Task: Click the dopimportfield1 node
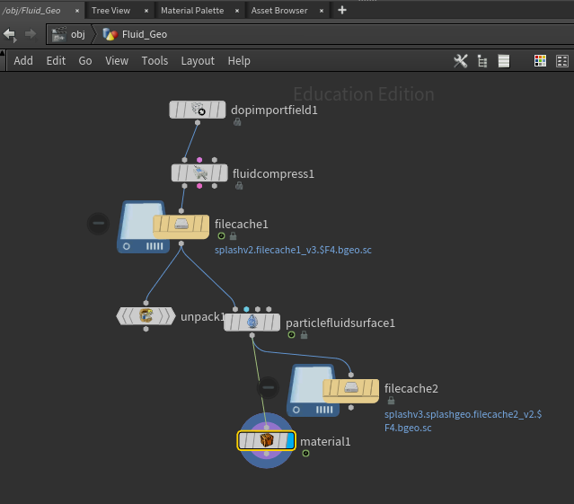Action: [x=198, y=110]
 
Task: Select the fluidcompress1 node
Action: [x=199, y=172]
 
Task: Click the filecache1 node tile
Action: [x=181, y=227]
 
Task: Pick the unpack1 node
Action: [x=146, y=316]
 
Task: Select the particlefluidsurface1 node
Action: [x=252, y=323]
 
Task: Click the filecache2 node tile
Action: [x=350, y=392]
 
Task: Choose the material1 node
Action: [x=266, y=440]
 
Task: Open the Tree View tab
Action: [x=110, y=11]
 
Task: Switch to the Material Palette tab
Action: [x=192, y=11]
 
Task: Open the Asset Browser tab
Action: [x=279, y=11]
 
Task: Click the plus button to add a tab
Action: [x=342, y=10]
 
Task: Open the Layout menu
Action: [x=198, y=61]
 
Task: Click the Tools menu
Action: [x=155, y=61]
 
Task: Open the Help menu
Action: [x=239, y=61]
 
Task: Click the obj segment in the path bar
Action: [x=69, y=34]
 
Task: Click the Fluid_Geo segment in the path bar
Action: [x=135, y=34]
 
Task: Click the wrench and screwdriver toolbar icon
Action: [x=461, y=61]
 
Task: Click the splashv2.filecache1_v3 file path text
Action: [x=293, y=250]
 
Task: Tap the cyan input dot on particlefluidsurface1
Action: [x=246, y=309]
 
